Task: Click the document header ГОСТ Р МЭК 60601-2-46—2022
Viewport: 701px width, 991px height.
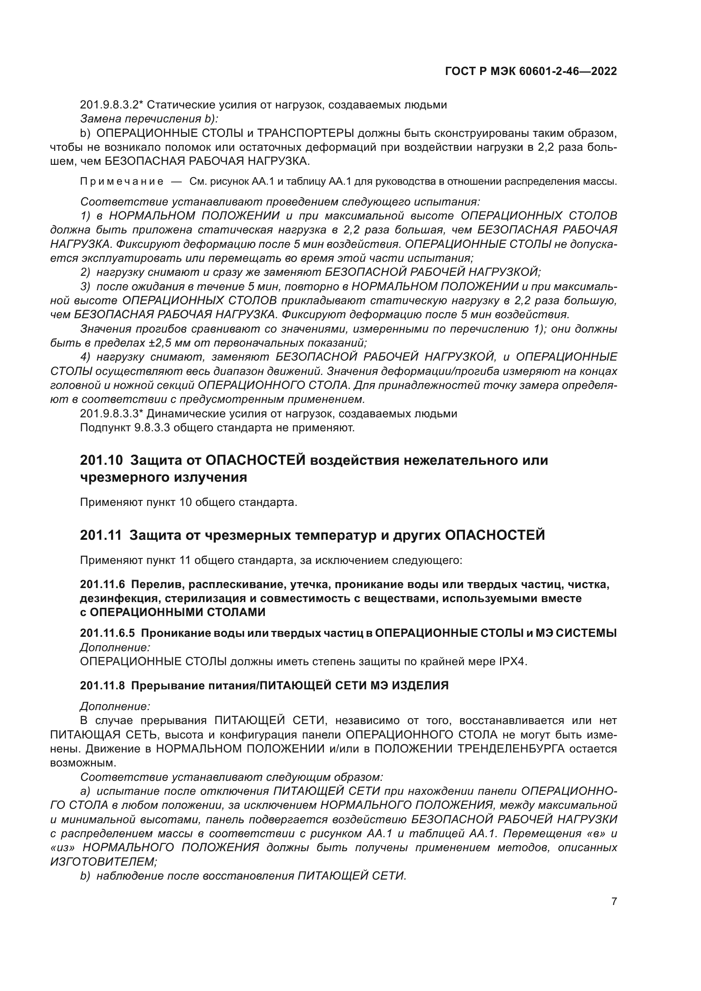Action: click(x=531, y=72)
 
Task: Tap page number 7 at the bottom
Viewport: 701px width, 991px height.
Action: click(x=614, y=902)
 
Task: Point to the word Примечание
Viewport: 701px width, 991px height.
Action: click(x=122, y=181)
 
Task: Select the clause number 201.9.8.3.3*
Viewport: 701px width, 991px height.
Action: click(x=111, y=414)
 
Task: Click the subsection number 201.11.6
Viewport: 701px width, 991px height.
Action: click(x=102, y=584)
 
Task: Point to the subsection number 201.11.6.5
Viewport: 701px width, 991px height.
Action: click(x=107, y=633)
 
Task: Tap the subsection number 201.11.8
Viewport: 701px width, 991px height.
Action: click(x=102, y=686)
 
